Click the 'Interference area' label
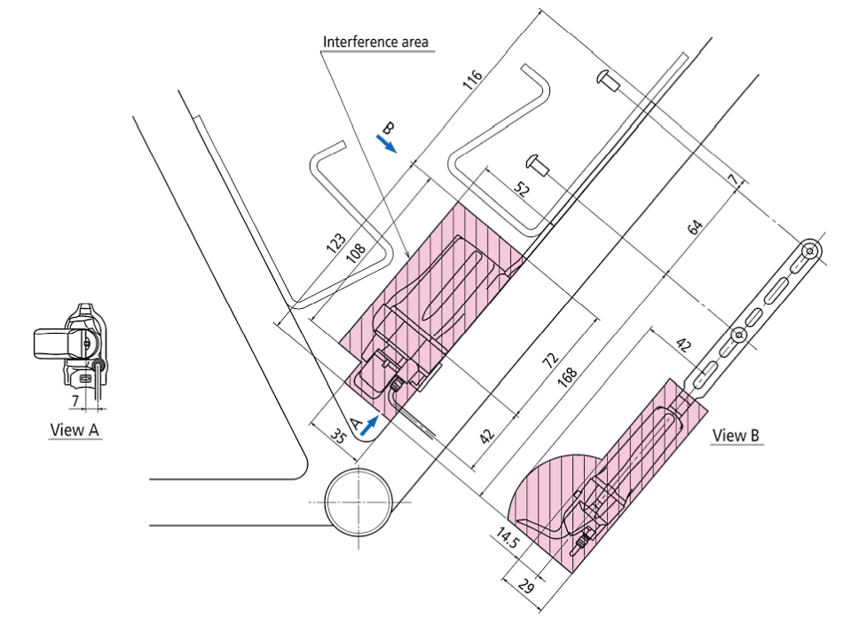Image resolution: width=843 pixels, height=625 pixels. (375, 42)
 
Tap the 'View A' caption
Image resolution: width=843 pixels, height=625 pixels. (75, 430)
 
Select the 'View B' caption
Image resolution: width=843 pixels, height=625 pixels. (736, 435)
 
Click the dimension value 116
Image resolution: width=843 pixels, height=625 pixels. (473, 80)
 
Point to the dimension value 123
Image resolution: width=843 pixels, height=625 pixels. (336, 243)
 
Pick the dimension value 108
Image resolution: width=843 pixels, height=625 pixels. (356, 251)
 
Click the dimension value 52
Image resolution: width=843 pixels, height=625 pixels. (522, 189)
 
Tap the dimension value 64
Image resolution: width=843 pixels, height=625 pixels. (695, 227)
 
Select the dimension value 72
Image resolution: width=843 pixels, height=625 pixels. (550, 360)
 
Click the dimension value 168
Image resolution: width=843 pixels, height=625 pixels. (568, 377)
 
